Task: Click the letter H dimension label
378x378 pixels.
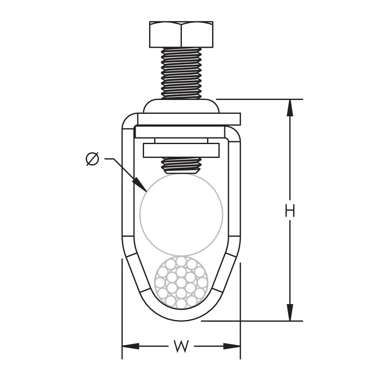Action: (x=290, y=210)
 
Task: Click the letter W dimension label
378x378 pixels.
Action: (x=181, y=346)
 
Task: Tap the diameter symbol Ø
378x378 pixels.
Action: (x=92, y=159)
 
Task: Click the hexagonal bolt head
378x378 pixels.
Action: (x=181, y=34)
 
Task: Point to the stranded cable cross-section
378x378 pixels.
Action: (x=181, y=282)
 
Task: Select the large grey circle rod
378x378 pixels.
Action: (x=181, y=214)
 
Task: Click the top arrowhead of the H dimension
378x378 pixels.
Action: (x=290, y=108)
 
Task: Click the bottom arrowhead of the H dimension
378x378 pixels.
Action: (x=290, y=312)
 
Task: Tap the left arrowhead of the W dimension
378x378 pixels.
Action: (x=131, y=346)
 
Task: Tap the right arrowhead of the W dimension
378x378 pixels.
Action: (x=232, y=346)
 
